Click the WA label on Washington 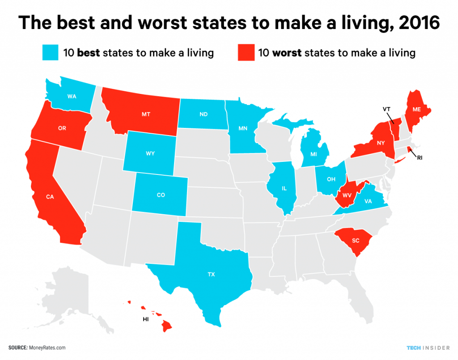[x=71, y=96]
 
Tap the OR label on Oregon [x=62, y=127]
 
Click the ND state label [x=203, y=114]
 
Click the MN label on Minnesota [x=243, y=128]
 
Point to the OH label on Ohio [x=331, y=178]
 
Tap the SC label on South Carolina [x=356, y=240]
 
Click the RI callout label [x=420, y=157]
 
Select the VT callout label [x=386, y=108]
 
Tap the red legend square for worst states [x=246, y=53]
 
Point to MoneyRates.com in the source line [x=48, y=347]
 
